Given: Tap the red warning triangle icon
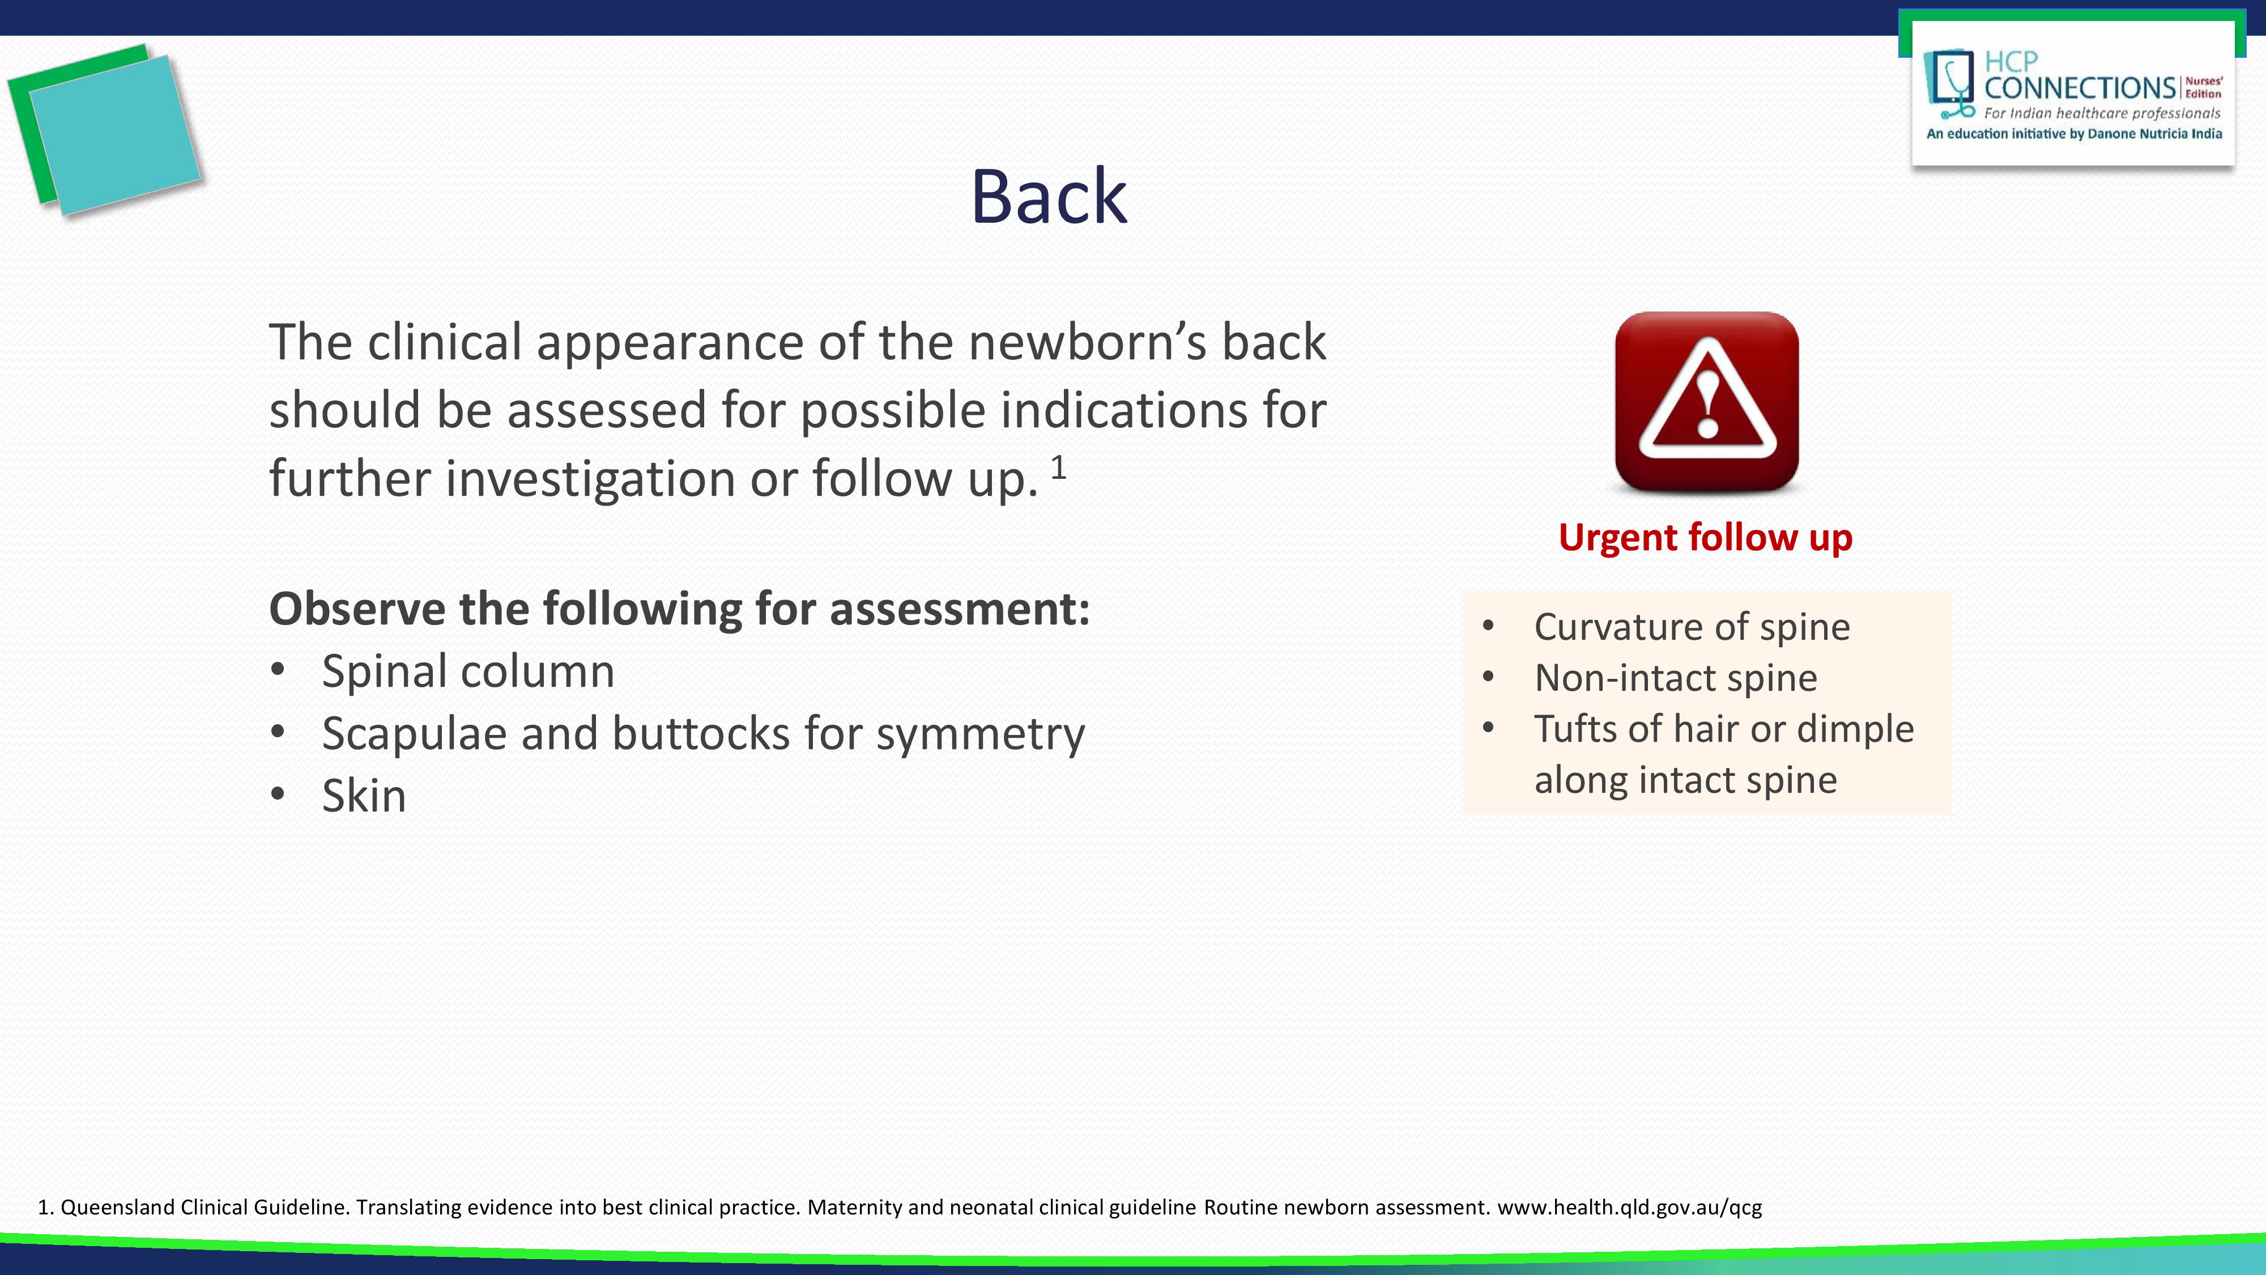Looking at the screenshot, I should [1706, 401].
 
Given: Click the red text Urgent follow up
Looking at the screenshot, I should [1705, 538].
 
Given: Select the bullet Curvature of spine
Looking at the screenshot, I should [1690, 627].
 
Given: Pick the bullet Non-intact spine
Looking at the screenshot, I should [1675, 678].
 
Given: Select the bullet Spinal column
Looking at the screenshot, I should [467, 672].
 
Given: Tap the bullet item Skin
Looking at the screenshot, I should [363, 796].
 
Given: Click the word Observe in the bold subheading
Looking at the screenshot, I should [356, 609].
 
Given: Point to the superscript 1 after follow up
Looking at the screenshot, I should [1058, 467].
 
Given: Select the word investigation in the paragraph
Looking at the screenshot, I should [589, 479].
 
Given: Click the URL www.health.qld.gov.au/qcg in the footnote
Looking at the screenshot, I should [1629, 1207].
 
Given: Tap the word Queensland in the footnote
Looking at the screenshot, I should [117, 1207].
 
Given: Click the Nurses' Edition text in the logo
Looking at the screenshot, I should [2204, 87].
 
